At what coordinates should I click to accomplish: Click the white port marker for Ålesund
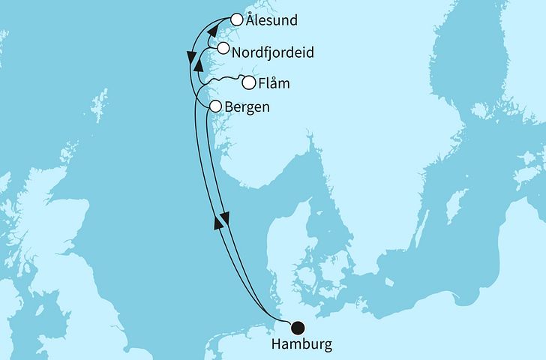click(x=238, y=20)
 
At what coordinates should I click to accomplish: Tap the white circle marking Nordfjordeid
click(x=223, y=49)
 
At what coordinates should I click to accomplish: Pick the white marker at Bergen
click(x=214, y=106)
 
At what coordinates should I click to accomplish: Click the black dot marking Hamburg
click(x=298, y=326)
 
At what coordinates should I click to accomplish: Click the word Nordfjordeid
click(x=272, y=53)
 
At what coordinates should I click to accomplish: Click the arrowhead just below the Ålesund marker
click(x=212, y=32)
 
